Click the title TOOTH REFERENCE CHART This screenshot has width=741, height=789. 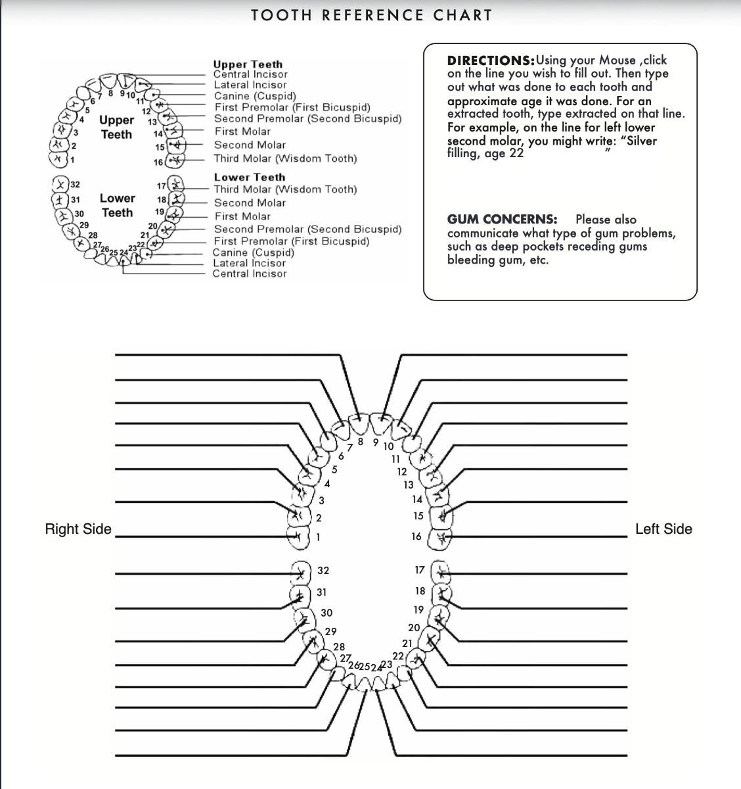[371, 15]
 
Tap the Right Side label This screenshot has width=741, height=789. [78, 529]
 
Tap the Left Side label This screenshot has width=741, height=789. [663, 529]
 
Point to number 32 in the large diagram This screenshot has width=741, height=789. [323, 570]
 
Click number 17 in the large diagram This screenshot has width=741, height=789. [420, 570]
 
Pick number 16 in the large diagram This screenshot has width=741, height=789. [416, 537]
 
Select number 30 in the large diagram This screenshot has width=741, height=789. [326, 613]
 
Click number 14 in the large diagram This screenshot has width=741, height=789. [417, 500]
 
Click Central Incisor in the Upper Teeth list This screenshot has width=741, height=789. [250, 74]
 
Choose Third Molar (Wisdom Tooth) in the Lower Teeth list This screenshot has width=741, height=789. [285, 189]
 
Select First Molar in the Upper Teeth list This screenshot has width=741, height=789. [242, 131]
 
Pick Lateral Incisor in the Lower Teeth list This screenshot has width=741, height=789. [249, 263]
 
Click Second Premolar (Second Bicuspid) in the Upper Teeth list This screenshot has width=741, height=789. [307, 119]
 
